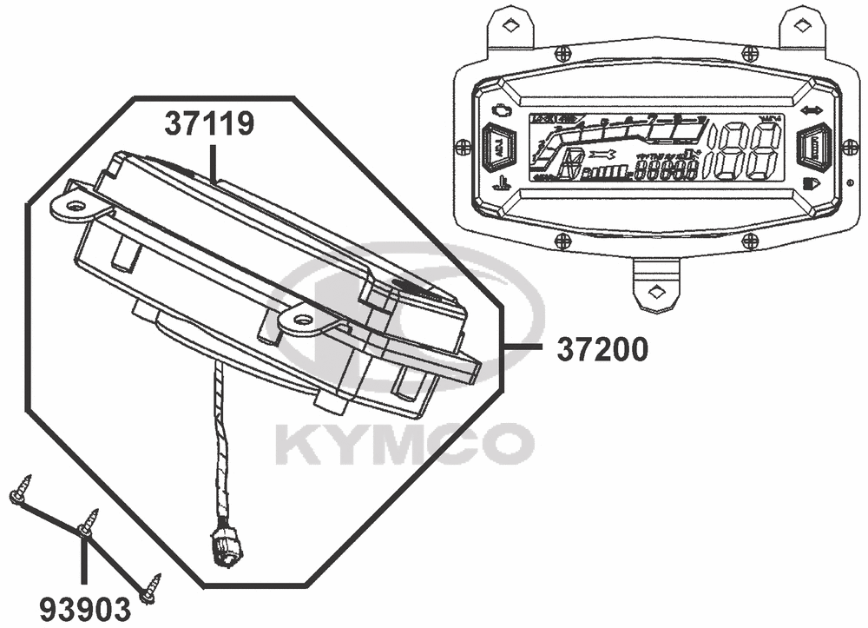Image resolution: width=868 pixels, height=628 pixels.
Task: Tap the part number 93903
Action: [83, 605]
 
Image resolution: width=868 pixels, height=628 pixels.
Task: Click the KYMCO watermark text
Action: [404, 444]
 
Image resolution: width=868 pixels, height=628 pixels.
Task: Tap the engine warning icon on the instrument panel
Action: [500, 110]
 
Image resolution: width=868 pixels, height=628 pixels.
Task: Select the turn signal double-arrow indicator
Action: [812, 110]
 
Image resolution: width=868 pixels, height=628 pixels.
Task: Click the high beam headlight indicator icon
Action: [812, 183]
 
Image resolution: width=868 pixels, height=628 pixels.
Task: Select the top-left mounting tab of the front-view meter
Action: [512, 25]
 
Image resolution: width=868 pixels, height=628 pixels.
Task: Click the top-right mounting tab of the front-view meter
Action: [802, 25]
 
